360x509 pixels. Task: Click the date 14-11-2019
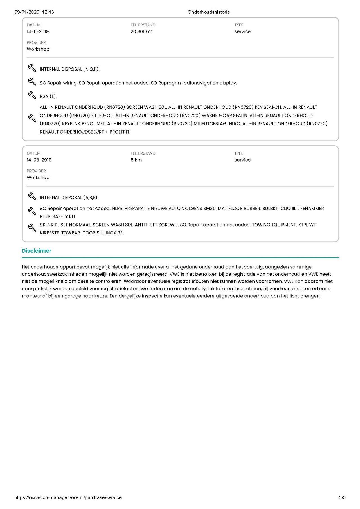[x=38, y=31]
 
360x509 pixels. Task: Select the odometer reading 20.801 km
[x=141, y=31]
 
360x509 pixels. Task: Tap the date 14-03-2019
[x=39, y=160]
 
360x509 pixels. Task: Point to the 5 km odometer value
[x=136, y=160]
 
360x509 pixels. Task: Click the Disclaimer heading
[x=37, y=251]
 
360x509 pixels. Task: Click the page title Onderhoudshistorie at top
[x=209, y=12]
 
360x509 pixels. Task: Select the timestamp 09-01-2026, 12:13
[x=34, y=12]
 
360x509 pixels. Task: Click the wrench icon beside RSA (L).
[x=32, y=95]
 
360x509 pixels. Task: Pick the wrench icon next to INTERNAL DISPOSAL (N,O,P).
[x=32, y=68]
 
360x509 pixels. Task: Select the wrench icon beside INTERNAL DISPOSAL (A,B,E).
[x=32, y=196]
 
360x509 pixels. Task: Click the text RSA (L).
[x=48, y=96]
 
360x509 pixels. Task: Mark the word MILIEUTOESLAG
[x=210, y=124]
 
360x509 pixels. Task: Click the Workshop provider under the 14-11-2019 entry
[x=38, y=49]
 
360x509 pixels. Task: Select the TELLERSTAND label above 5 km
[x=143, y=153]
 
